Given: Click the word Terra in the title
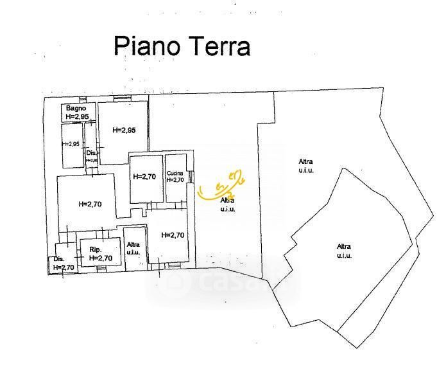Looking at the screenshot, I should click(x=218, y=46).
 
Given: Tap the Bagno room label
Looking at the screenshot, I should click(x=76, y=108).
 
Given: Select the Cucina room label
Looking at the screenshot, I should click(x=175, y=174).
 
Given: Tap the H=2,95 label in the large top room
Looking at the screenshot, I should click(x=123, y=130).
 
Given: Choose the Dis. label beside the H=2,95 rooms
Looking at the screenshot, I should click(x=91, y=152).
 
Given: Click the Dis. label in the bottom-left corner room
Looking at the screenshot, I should click(x=60, y=259).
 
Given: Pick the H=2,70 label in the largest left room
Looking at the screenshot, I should click(x=90, y=204).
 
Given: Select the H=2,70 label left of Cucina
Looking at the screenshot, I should click(x=144, y=176).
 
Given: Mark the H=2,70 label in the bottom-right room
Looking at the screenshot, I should click(x=173, y=235).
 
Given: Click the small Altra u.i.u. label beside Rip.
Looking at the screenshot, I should click(x=133, y=248).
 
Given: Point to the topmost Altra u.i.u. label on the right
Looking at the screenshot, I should click(x=305, y=165).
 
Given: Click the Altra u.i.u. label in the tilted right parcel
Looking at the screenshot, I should click(x=344, y=251).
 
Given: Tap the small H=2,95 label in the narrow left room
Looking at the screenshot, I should click(x=71, y=143).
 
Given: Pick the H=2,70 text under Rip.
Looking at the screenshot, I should click(x=101, y=258).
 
